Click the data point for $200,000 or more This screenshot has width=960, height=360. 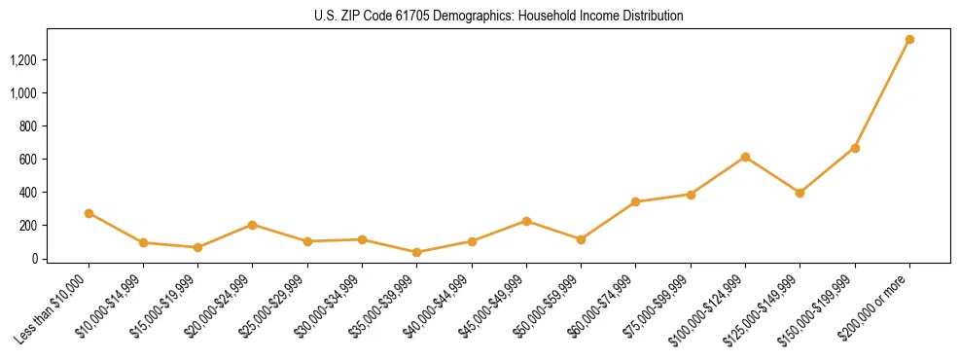point(909,40)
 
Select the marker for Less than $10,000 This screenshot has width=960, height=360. point(89,213)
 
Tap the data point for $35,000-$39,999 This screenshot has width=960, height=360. point(417,252)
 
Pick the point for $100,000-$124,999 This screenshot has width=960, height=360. point(745,157)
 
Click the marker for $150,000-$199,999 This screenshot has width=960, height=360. point(855,148)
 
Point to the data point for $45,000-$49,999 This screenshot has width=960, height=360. point(526,221)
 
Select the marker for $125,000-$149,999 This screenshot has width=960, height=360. point(800,193)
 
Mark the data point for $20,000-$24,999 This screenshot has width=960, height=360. point(253,225)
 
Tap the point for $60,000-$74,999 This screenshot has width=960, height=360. point(636,201)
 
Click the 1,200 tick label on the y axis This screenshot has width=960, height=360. point(23,60)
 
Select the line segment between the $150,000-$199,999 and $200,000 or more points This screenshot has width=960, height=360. point(882,94)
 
